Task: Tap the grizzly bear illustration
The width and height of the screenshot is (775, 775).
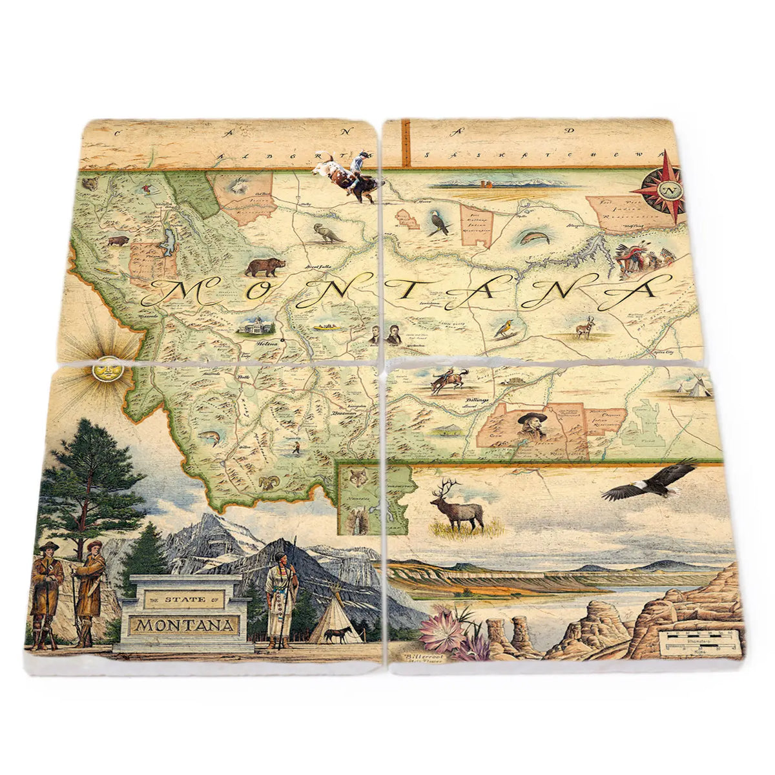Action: coord(265,266)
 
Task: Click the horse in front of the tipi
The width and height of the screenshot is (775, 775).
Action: coord(338,634)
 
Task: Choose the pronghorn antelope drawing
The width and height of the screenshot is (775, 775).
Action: coord(586,329)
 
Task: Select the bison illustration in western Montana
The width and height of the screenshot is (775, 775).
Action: coord(118,241)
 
